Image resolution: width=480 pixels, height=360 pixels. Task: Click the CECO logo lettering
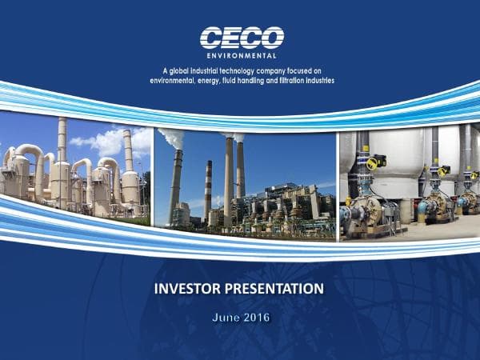[x=242, y=38]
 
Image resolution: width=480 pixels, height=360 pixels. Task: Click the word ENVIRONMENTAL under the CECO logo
[x=242, y=56]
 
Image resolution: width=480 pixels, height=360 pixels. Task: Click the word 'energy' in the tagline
[x=205, y=81]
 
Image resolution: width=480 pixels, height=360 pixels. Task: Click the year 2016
[x=258, y=318]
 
